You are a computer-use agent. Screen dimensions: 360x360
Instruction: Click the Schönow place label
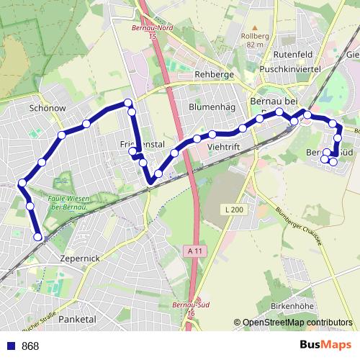point(48,107)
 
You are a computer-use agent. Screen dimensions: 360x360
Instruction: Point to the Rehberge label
point(215,74)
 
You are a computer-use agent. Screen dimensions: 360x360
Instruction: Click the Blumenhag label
point(212,107)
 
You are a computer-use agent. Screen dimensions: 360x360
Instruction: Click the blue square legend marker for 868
point(10,346)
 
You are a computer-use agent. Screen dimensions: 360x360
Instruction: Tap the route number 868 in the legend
point(30,346)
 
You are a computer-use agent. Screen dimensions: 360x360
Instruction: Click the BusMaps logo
point(325,345)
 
